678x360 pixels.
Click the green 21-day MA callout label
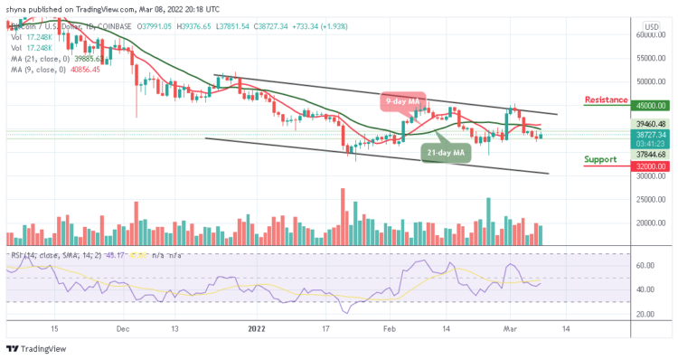tap(445, 155)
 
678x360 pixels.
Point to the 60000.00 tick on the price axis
tap(649, 34)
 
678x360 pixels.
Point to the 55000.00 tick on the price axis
tap(649, 58)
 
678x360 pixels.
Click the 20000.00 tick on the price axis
tap(649, 223)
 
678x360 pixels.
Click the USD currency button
tap(649, 25)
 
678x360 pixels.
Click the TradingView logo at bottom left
tap(32, 349)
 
